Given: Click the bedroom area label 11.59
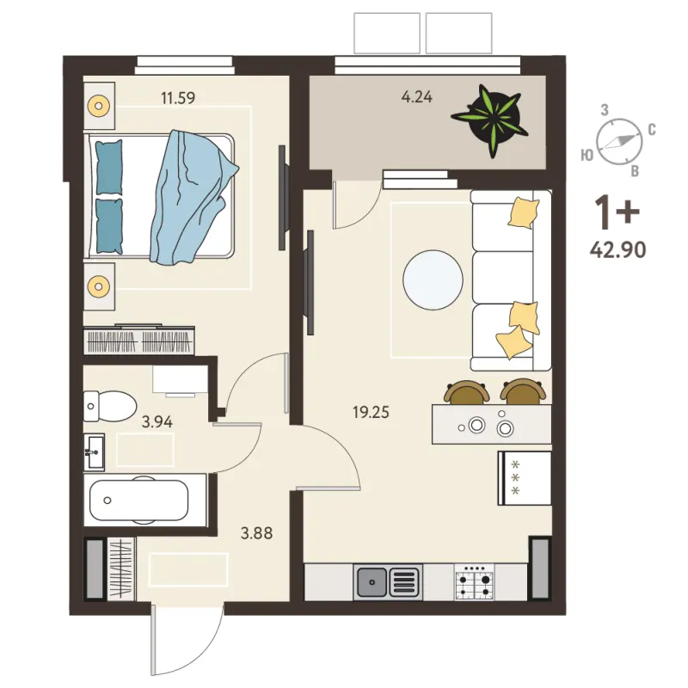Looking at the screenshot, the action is pyautogui.click(x=178, y=97).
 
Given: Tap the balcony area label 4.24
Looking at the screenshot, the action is pyautogui.click(x=417, y=96).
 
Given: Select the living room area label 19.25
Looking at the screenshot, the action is pyautogui.click(x=371, y=413).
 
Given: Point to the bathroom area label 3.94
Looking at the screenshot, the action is pyautogui.click(x=157, y=422).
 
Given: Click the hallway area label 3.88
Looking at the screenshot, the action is pyautogui.click(x=256, y=533).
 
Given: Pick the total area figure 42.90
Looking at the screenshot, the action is pyautogui.click(x=617, y=250).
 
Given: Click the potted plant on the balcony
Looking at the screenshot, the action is pyautogui.click(x=490, y=120).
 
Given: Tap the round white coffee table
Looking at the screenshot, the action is pyautogui.click(x=433, y=280).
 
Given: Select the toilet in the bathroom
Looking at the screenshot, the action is pyautogui.click(x=110, y=406).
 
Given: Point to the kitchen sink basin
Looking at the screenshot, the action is pyautogui.click(x=372, y=582).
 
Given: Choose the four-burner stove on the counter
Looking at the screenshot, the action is pyautogui.click(x=474, y=582).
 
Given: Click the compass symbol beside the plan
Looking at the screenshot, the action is pyautogui.click(x=618, y=141).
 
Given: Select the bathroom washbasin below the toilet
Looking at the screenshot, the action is pyautogui.click(x=95, y=452).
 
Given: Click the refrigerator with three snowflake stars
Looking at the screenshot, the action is pyautogui.click(x=525, y=478).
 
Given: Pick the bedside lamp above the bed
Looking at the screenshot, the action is pyautogui.click(x=99, y=106).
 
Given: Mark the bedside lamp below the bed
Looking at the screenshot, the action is pyautogui.click(x=99, y=286).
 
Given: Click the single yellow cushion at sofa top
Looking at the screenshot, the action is pyautogui.click(x=524, y=212).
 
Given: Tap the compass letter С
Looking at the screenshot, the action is pyautogui.click(x=652, y=130).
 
